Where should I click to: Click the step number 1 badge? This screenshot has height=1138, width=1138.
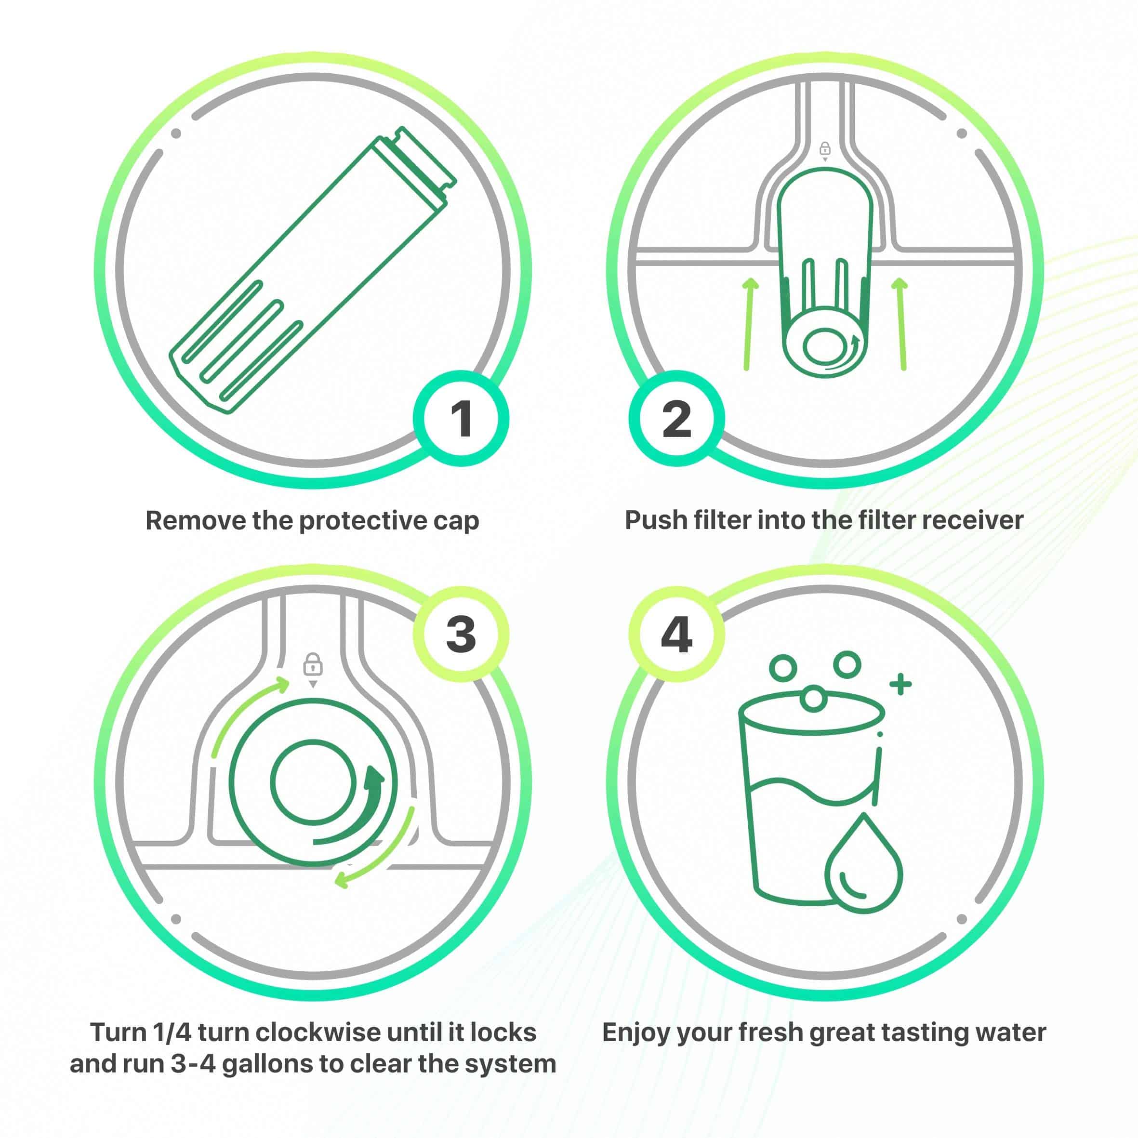click(461, 419)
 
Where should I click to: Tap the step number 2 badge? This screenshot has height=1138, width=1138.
click(676, 419)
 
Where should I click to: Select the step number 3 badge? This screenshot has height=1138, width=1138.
click(461, 635)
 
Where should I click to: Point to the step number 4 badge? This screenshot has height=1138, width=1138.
click(676, 635)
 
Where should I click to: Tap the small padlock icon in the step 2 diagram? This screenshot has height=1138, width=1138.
click(825, 148)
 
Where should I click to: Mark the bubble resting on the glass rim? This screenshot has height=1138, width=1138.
click(813, 699)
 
